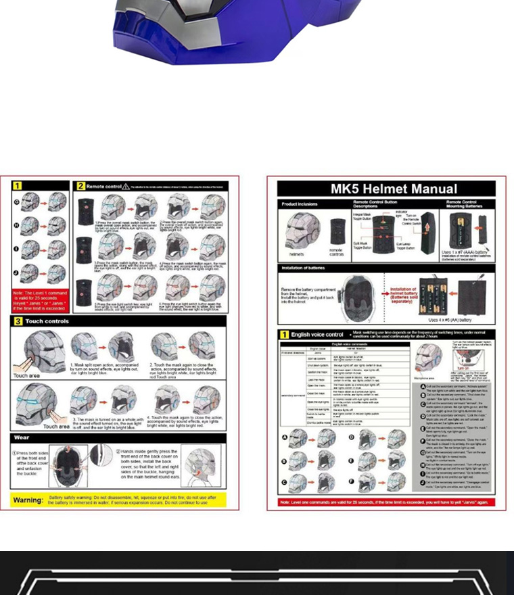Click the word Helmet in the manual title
coord(393,189)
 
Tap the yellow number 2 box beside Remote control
coord(80,186)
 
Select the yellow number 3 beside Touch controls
coord(18,320)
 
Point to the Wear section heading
coord(22,437)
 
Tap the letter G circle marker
coord(17,201)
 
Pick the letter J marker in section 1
coord(17,273)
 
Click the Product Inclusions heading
coord(300,204)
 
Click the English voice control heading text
coord(317,334)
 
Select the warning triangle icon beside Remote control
coord(126,186)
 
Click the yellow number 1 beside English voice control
coord(285,334)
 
